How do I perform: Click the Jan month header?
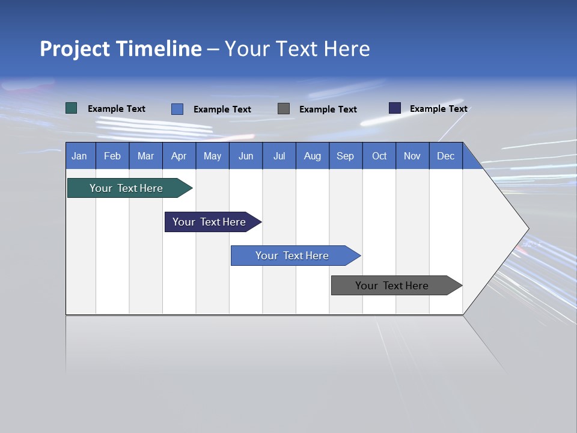tap(79, 156)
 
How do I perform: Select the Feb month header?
tap(112, 156)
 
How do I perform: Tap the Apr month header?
tap(179, 156)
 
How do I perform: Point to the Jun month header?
tap(246, 156)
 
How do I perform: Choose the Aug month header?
tap(312, 156)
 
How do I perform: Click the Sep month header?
tap(345, 156)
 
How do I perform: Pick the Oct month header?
tap(379, 156)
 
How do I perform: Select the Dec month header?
tap(445, 156)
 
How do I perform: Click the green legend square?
tap(72, 108)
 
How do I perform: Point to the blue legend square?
tap(177, 109)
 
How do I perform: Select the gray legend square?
tap(284, 109)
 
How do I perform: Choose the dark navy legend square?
tap(394, 108)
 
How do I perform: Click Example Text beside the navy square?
tap(438, 109)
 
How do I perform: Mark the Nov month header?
tap(412, 156)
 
